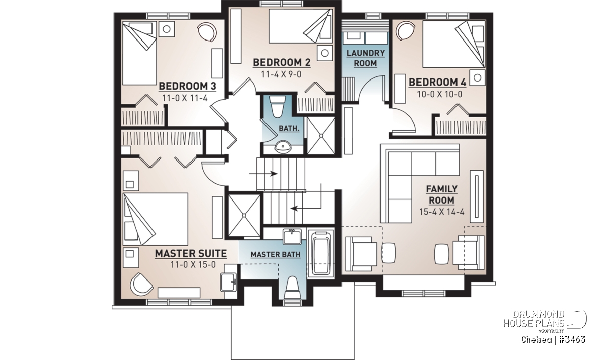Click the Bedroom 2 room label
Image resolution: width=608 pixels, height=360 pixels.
[282, 63]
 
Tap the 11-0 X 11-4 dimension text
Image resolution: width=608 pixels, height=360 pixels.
[185, 98]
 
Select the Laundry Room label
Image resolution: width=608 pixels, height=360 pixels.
[365, 58]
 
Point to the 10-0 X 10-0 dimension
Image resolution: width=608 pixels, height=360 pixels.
[439, 94]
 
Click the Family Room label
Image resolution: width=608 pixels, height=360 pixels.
[441, 194]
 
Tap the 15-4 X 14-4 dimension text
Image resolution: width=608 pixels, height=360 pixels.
[441, 212]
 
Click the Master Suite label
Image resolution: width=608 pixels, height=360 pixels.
[191, 253]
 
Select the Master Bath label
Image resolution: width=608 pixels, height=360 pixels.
[276, 255]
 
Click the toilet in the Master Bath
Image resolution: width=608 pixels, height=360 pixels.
[292, 287]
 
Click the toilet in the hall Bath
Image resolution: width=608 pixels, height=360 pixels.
[277, 107]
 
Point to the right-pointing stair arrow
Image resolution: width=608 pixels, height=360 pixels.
[263, 173]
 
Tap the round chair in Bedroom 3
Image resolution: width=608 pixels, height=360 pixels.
[207, 32]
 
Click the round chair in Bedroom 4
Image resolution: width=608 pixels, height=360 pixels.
[405, 31]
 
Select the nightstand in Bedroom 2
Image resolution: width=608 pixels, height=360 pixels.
[325, 53]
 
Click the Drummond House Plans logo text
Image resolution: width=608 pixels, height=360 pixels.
[534, 319]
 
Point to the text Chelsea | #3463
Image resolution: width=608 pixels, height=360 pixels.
[553, 340]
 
